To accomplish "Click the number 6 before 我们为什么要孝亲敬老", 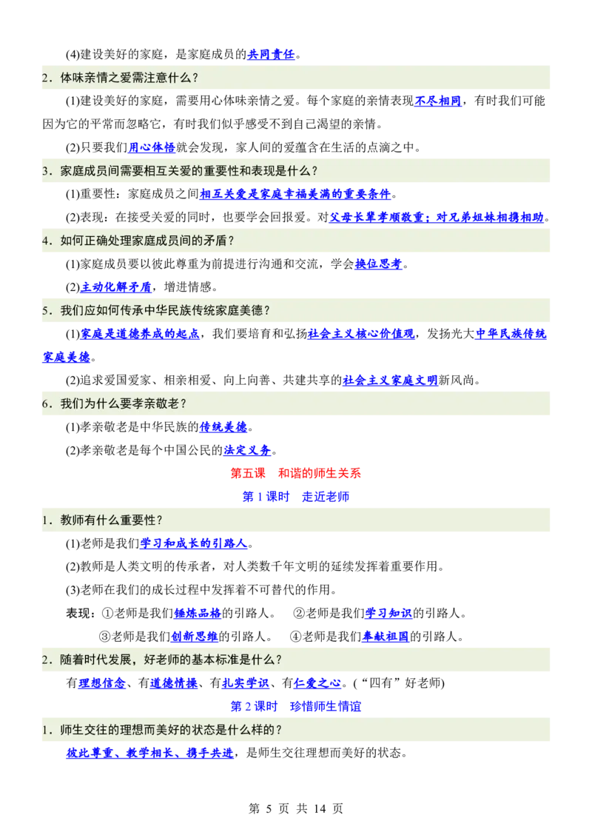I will (x=45, y=403).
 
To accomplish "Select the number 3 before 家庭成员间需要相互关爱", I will (x=45, y=171).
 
